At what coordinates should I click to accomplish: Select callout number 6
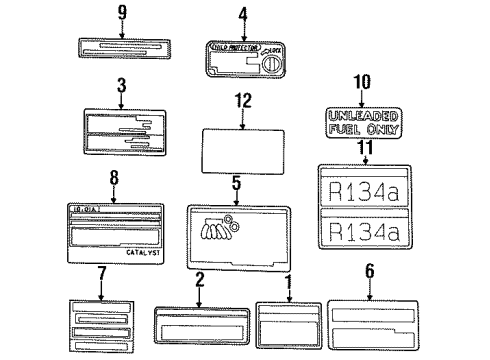pyautogui.click(x=370, y=270)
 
